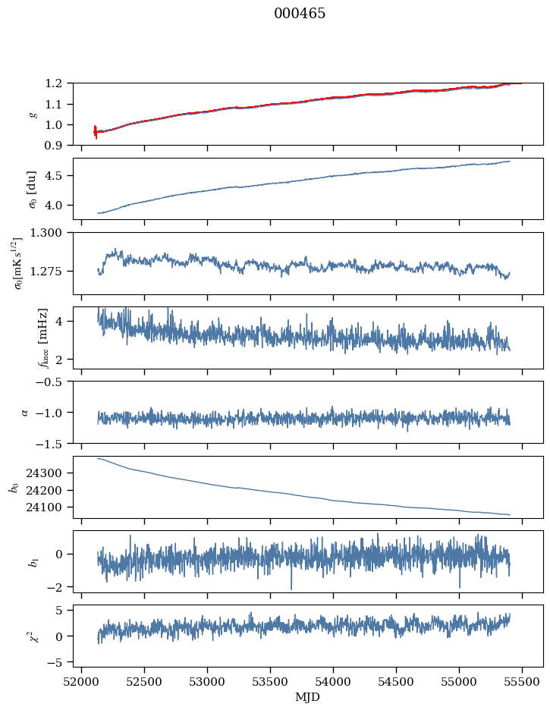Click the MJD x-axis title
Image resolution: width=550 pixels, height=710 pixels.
308,697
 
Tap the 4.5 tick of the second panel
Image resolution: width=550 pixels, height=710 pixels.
58,176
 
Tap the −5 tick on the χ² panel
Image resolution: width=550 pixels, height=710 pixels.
60,662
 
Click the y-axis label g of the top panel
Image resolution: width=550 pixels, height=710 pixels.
32,114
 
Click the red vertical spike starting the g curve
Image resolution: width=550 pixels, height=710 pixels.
96,132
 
